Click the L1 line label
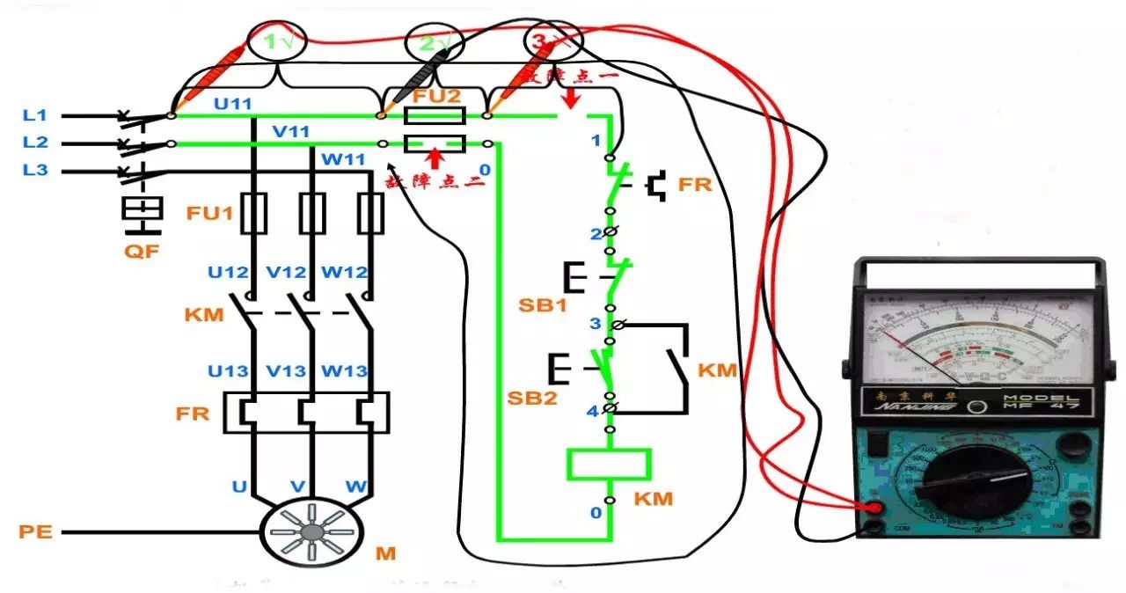coord(35,115)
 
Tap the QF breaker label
coord(142,252)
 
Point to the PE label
coord(34,532)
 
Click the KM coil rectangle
coord(609,464)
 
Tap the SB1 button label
coord(537,305)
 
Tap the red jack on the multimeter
coord(874,508)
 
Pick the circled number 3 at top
coord(545,41)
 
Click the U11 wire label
coord(234,104)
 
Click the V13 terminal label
coord(286,371)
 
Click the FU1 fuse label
coord(208,214)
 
